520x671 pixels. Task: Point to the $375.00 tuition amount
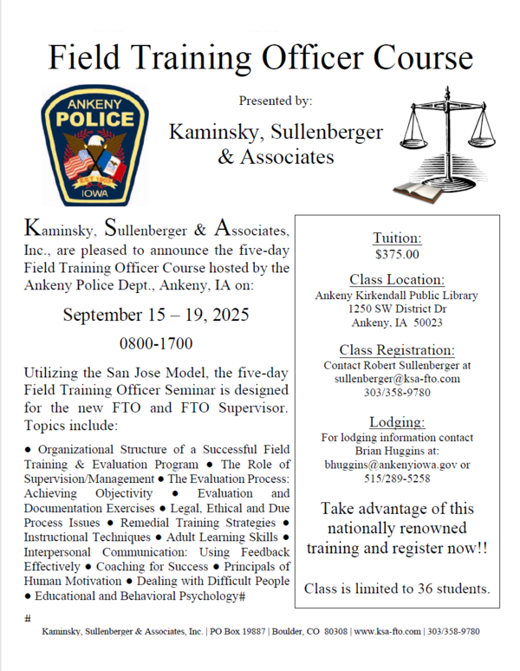(397, 255)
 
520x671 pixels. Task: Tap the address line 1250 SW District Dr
(397, 309)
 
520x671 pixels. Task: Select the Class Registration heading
(397, 350)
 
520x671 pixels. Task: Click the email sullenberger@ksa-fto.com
(397, 379)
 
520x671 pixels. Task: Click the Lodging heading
(397, 422)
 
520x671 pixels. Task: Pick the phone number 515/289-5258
(397, 479)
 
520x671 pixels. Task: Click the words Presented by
(276, 101)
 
